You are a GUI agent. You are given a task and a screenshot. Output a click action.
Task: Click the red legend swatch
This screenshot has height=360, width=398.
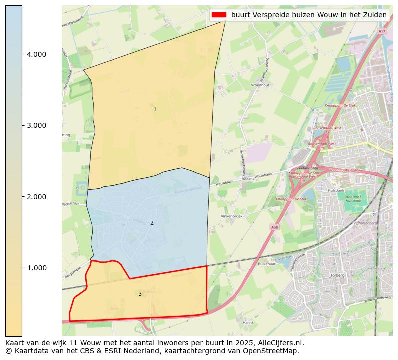[x=219, y=15]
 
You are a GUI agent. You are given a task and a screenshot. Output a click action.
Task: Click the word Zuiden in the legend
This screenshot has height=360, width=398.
[x=375, y=15]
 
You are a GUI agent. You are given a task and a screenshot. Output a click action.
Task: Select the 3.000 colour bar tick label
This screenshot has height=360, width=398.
[x=36, y=125]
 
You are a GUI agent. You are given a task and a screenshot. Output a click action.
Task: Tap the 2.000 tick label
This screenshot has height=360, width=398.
[x=36, y=197]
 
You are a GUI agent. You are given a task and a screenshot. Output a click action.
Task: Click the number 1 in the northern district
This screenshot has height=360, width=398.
[x=155, y=109]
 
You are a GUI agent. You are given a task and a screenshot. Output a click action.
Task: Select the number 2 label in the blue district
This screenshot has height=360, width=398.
[x=152, y=223]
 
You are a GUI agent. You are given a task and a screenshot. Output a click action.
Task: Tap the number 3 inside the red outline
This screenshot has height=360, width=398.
[x=140, y=294]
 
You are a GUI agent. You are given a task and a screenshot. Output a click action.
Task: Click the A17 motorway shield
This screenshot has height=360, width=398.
[x=382, y=31]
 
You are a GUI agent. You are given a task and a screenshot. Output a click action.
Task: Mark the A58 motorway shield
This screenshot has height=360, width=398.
[x=274, y=227]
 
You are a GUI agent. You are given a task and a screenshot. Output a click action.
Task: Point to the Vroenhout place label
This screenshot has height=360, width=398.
[x=260, y=85]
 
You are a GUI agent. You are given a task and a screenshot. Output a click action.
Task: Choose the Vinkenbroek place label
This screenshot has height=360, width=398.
[x=232, y=216]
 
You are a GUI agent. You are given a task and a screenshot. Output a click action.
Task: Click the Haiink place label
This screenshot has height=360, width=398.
[x=248, y=323]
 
